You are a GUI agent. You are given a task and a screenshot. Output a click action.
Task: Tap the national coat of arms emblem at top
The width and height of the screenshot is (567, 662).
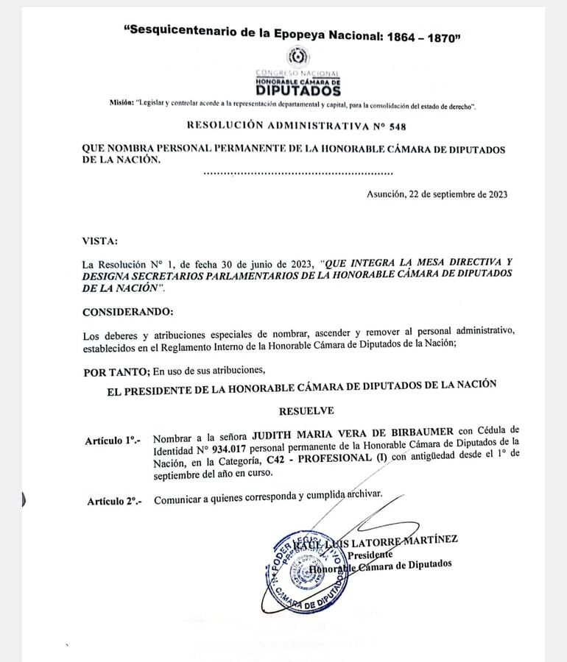point(298,57)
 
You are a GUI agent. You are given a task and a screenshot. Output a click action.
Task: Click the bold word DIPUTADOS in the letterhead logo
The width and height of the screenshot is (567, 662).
point(298,91)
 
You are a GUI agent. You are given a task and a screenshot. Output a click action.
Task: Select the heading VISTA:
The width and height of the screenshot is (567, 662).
point(99,241)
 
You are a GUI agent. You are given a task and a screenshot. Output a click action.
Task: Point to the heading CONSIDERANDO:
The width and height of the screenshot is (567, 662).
point(128,311)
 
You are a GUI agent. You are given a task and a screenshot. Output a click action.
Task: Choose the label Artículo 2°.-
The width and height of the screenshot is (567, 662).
point(114,501)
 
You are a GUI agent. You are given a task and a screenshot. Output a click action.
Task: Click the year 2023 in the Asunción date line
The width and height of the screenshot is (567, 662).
point(493,195)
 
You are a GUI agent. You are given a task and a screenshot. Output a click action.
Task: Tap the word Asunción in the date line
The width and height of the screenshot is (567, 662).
point(385,195)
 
